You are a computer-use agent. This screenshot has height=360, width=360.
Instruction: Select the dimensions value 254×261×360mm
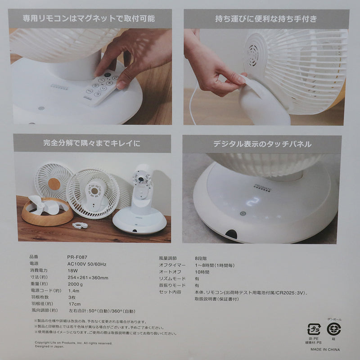(x=87, y=278)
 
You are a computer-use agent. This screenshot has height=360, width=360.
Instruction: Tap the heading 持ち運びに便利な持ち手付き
(x=266, y=18)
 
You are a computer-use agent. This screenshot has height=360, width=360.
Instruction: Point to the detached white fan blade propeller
(x=43, y=205)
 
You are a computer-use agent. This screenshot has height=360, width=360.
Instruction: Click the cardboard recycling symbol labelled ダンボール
(x=333, y=329)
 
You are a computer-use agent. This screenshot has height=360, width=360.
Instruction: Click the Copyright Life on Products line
(x=73, y=343)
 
